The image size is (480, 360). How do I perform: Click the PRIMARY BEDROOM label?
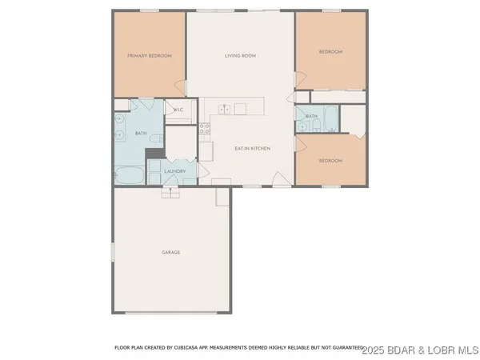[x=150, y=55]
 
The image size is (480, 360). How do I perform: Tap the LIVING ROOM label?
[x=239, y=55]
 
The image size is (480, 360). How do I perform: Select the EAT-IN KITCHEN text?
[x=252, y=149]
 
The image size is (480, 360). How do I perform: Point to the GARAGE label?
[x=170, y=252]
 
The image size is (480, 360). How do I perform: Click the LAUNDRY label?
[x=175, y=171]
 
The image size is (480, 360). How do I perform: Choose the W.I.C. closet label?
[x=178, y=110]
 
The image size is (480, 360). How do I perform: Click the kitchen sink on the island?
[x=226, y=109]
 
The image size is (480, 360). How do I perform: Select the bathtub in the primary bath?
[x=129, y=174]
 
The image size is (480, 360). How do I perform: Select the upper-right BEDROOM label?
[x=330, y=51]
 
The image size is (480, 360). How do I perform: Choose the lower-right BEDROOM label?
[x=330, y=160]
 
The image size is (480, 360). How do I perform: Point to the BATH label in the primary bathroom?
[x=140, y=133]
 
